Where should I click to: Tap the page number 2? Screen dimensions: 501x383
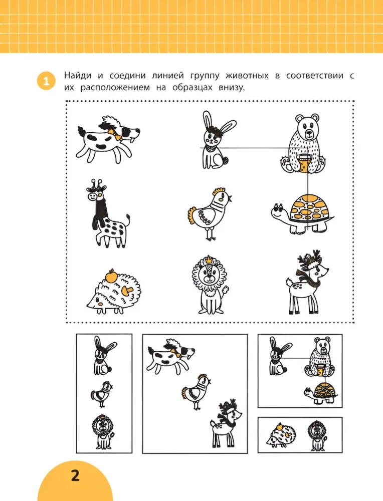[x=75, y=475]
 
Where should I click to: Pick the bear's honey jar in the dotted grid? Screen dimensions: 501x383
[x=303, y=162]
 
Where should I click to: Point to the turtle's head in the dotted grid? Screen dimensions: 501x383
[x=279, y=209]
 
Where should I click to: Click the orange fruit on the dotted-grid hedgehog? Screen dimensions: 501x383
[x=111, y=275]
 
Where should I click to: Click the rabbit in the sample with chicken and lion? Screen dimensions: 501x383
[x=102, y=357]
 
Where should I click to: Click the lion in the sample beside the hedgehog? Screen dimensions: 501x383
[x=315, y=434]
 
